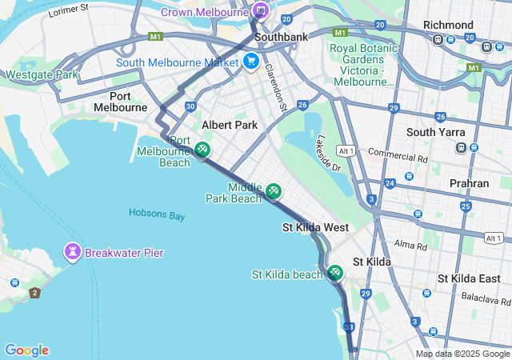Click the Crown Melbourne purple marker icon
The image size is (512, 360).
pos(260,10)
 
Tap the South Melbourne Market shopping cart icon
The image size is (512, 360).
pos(251,61)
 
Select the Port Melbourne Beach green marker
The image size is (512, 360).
pos(202,149)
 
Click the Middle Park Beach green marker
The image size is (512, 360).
pos(274,190)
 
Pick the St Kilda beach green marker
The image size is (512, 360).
pos(335,273)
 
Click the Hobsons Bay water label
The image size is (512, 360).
pos(156,215)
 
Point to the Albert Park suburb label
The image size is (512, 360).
pos(230,125)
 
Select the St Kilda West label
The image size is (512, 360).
pos(315,228)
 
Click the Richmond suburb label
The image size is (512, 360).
pos(448,25)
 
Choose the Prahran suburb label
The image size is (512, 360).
pos(469,183)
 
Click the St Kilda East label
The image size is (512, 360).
pos(469,278)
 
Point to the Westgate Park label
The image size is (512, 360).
pos(42,75)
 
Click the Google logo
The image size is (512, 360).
pos(26,350)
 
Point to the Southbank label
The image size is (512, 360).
pos(276,37)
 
